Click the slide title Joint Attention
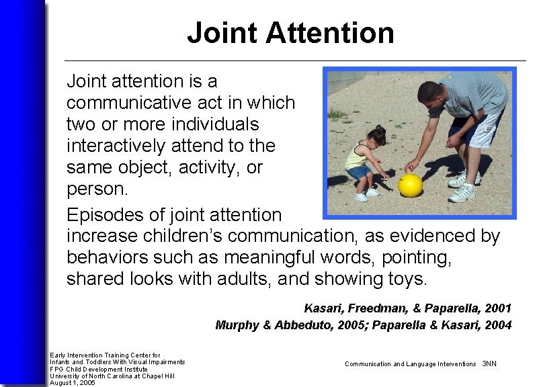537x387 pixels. click(290, 32)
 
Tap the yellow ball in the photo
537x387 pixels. click(410, 185)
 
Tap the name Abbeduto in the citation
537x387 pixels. click(300, 325)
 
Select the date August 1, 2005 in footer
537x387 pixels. click(73, 383)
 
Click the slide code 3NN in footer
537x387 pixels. click(489, 363)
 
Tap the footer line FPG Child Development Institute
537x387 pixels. click(98, 369)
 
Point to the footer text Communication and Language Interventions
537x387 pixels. click(410, 363)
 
